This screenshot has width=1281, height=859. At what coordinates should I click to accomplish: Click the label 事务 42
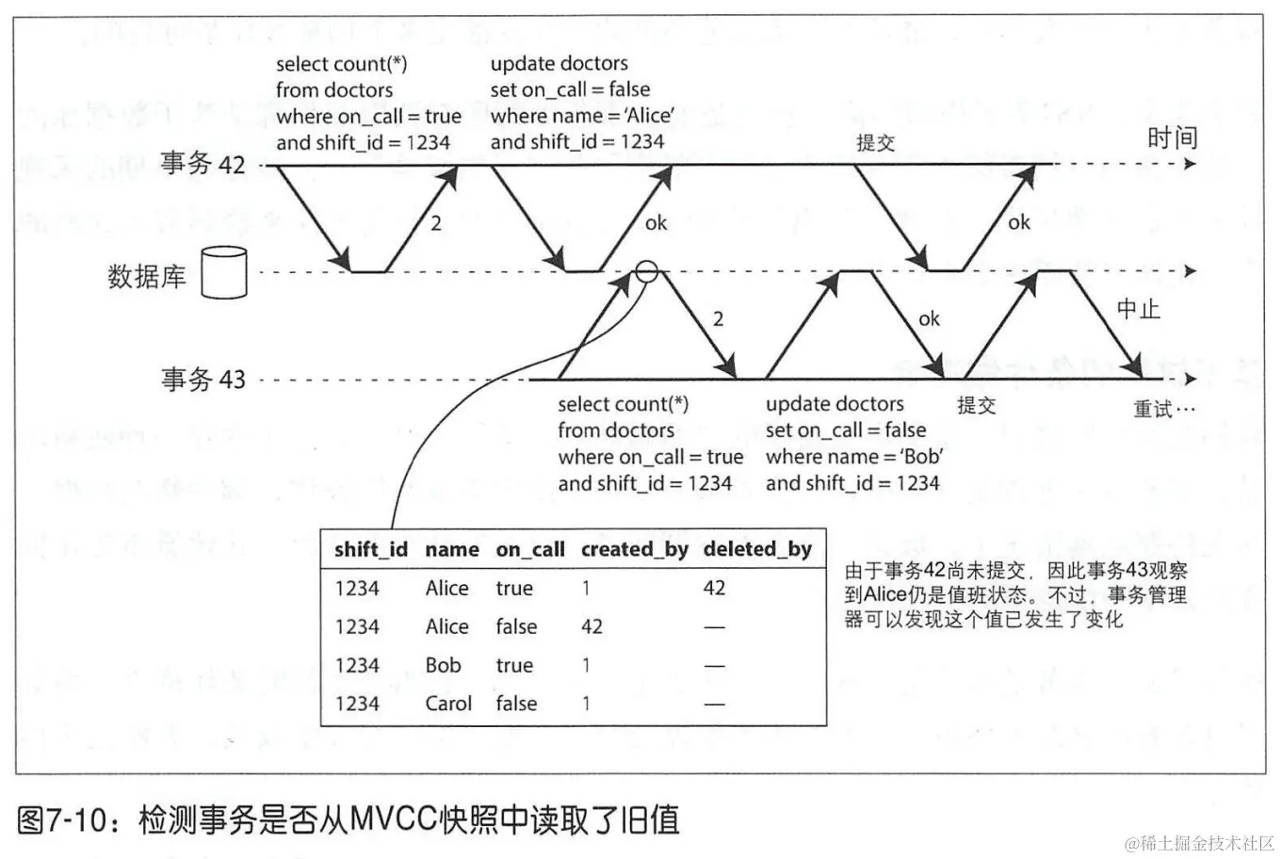click(203, 164)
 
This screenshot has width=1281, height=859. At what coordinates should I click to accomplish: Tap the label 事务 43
click(203, 380)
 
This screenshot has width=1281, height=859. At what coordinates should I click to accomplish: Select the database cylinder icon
click(224, 273)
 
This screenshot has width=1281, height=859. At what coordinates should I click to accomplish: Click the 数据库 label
click(147, 276)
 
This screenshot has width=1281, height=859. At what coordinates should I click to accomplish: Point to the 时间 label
click(1172, 138)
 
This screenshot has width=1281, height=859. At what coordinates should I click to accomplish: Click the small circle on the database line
click(646, 272)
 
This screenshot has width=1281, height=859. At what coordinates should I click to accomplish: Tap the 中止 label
click(1138, 309)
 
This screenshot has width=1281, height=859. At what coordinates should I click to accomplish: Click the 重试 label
click(1163, 409)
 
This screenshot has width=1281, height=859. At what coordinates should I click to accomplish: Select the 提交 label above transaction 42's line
click(875, 143)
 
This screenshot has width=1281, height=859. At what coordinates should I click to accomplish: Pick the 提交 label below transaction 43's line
click(976, 405)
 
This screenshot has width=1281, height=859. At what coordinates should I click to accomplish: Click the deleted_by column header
click(757, 549)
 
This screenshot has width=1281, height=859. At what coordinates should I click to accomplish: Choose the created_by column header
click(634, 549)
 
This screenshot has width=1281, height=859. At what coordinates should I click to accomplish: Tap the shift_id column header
click(370, 549)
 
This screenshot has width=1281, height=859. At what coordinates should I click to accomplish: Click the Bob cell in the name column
click(443, 665)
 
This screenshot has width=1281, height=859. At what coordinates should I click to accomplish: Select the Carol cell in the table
click(448, 704)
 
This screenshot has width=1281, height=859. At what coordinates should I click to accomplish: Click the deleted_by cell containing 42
click(714, 588)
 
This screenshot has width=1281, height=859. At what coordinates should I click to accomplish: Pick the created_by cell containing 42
click(592, 626)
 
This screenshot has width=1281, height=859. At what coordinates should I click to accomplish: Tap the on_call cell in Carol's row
click(516, 704)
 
